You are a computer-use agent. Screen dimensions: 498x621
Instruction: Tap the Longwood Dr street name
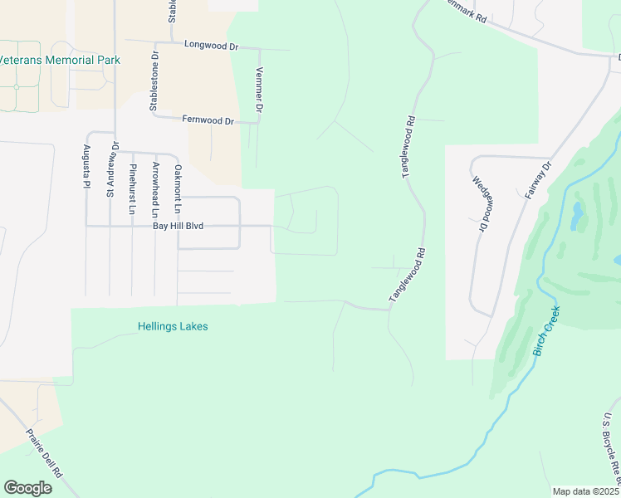pyautogui.click(x=211, y=44)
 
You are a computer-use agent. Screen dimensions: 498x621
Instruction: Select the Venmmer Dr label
pyautogui.click(x=260, y=90)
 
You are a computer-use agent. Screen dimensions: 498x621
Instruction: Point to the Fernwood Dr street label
pyautogui.click(x=208, y=120)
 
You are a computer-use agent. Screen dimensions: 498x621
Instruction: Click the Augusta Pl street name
pyautogui.click(x=86, y=167)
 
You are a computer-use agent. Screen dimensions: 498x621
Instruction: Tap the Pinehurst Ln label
pyautogui.click(x=131, y=188)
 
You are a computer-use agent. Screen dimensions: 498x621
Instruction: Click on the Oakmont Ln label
pyautogui.click(x=177, y=188)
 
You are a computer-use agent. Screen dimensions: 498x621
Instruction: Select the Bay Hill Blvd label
pyautogui.click(x=177, y=226)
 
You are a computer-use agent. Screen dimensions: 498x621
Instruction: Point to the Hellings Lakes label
pyautogui.click(x=173, y=326)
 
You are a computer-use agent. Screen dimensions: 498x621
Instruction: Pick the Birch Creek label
pyautogui.click(x=546, y=331)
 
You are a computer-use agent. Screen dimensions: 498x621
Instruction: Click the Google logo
pyautogui.click(x=27, y=488)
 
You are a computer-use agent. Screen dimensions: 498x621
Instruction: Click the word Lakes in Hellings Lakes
pyautogui.click(x=193, y=326)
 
